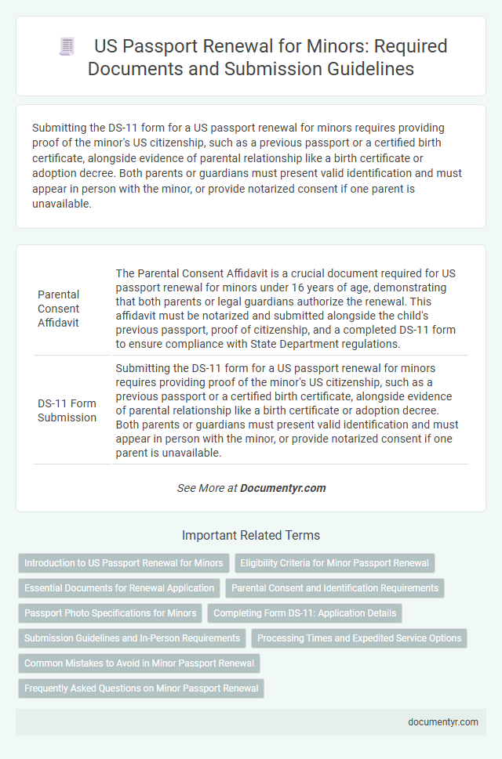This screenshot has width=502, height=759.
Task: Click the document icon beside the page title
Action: point(67,46)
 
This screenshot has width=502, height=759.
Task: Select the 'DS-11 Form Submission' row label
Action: point(67,410)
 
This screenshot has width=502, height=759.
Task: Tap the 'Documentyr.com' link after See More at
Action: point(282,488)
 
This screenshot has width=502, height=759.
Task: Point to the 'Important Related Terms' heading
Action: point(250,536)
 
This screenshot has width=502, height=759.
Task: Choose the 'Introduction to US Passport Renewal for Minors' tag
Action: point(124,563)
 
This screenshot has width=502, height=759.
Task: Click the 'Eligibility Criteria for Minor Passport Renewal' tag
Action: point(334,563)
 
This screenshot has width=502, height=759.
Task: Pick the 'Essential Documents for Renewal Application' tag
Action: point(119,588)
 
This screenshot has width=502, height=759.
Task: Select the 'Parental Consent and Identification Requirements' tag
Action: point(335,588)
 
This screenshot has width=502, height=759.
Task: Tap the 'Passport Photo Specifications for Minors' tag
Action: point(111,613)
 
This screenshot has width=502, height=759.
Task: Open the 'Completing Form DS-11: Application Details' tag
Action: point(307,613)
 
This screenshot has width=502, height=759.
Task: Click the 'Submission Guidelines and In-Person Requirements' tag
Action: point(132,638)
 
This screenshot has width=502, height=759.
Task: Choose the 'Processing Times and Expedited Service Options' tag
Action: point(359,638)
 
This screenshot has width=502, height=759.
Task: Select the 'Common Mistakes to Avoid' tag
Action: point(139,663)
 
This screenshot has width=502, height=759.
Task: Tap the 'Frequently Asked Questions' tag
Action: point(141,689)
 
